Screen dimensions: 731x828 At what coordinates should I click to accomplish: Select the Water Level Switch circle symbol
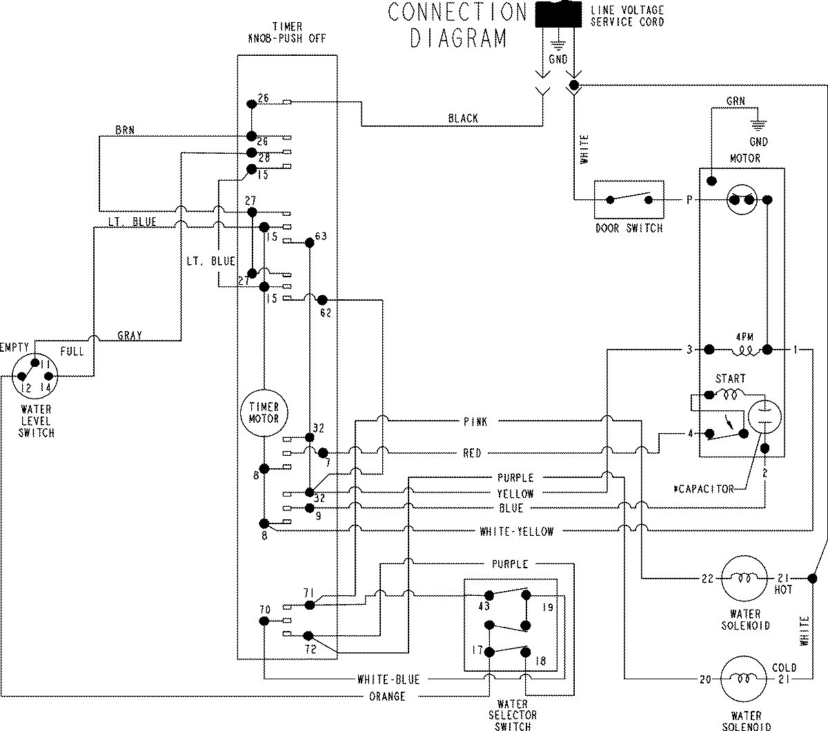[x=34, y=376]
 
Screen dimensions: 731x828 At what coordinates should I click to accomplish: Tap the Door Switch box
[x=629, y=200]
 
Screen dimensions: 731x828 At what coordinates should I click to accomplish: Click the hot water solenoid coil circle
[x=744, y=578]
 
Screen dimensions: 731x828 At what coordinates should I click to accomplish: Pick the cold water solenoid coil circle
[x=744, y=679]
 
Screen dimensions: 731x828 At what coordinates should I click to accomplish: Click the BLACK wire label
[x=462, y=119]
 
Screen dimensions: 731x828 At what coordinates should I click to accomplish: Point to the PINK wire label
[x=475, y=421]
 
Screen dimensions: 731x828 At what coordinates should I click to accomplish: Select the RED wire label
[x=472, y=453]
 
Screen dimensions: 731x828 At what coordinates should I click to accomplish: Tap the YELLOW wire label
[x=515, y=494]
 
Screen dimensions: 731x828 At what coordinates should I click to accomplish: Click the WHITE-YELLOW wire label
[x=516, y=531]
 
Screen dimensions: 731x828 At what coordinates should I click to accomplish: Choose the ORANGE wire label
[x=387, y=697]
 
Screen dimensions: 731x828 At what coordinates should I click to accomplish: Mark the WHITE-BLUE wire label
[x=388, y=679]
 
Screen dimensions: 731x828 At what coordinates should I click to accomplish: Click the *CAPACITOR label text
[x=703, y=489]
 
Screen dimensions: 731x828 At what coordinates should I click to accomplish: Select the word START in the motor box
[x=730, y=379]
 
